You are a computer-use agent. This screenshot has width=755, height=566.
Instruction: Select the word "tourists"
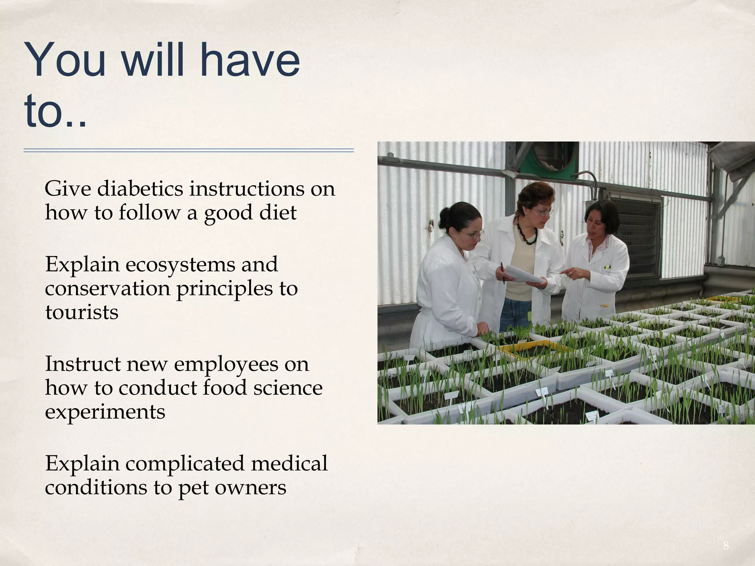(x=82, y=312)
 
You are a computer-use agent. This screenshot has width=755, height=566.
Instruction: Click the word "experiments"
(x=105, y=412)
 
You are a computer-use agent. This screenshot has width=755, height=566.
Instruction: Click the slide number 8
(x=726, y=546)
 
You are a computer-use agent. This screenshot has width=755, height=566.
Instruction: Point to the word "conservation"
(x=107, y=289)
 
